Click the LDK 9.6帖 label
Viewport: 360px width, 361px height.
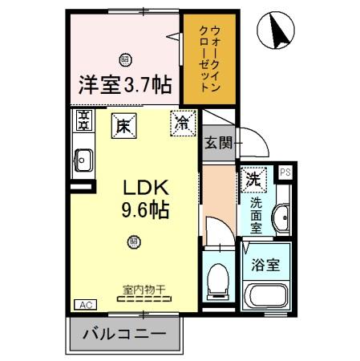coord(145,198)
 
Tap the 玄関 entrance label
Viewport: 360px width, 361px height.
coord(217,144)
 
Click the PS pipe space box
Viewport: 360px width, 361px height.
coord(285,172)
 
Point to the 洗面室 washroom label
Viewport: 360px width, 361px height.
coord(255,214)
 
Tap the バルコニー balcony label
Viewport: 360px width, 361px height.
coord(125,333)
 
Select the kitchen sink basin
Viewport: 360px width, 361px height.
coord(83,162)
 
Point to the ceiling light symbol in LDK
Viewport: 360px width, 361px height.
coord(134,241)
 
